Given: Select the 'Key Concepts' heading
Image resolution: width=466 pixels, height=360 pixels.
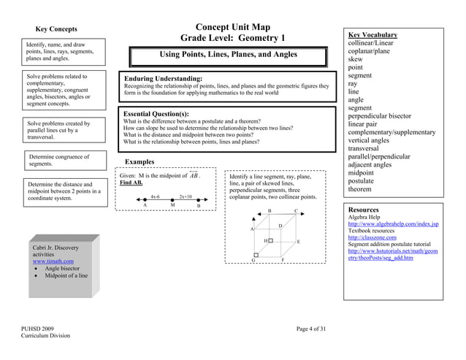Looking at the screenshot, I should click(x=56, y=29).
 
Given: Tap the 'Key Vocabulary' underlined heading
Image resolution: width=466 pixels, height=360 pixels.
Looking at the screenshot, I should click(x=373, y=34).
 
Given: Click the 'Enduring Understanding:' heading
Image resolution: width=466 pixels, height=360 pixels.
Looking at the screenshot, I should click(x=163, y=78).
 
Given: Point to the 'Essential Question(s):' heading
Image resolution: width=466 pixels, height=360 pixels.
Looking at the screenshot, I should click(x=156, y=114).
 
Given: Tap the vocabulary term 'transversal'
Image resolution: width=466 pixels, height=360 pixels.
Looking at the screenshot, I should click(x=367, y=148).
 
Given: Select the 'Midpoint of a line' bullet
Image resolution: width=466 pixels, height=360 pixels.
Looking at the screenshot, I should click(x=66, y=276).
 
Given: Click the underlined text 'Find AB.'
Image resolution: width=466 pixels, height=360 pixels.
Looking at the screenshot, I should click(x=131, y=183).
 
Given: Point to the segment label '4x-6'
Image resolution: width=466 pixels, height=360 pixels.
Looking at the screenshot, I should click(x=156, y=196).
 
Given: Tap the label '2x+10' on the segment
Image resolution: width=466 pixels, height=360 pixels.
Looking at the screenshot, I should click(x=186, y=196).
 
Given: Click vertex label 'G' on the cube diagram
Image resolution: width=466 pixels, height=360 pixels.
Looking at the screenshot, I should click(x=253, y=260).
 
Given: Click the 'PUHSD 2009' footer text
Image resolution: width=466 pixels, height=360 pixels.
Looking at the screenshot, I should click(x=38, y=329).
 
